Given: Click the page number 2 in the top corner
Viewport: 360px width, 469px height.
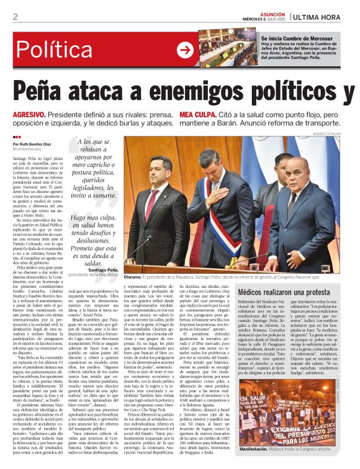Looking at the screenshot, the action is tap(15, 17).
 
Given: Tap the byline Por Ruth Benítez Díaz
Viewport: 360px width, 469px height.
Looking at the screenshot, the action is tap(37, 143).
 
